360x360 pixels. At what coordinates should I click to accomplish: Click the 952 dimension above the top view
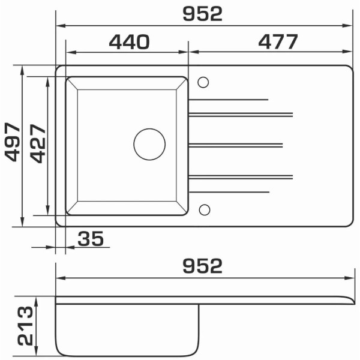coord(203,14)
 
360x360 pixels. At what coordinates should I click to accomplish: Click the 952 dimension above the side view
coord(203,266)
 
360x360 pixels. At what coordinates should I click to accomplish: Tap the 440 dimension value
coord(129,42)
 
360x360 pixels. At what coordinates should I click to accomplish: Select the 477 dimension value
coord(278,41)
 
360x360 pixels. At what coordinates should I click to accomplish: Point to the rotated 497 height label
coord(13,142)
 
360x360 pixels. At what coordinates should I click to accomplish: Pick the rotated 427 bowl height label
coord(38,143)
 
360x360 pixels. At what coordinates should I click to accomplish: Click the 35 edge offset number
coord(91,239)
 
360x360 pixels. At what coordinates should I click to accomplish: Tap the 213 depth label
coord(25,326)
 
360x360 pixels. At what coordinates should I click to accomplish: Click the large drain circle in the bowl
coord(149,144)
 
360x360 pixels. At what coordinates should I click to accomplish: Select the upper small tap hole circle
coord(203,82)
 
